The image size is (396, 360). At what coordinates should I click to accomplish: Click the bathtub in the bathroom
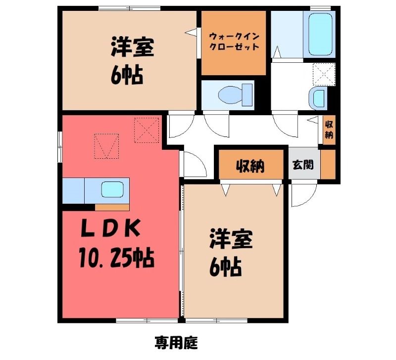click(320, 34)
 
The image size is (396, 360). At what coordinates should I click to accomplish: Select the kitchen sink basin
click(112, 189)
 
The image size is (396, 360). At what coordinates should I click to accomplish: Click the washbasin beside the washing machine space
click(318, 98)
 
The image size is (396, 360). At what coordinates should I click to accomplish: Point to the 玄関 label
click(303, 165)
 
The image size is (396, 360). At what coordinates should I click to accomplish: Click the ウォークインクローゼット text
click(234, 42)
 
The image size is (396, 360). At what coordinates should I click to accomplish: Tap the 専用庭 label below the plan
click(176, 343)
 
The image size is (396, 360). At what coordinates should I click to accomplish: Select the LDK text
click(110, 228)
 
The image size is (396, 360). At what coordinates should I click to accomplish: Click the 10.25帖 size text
click(116, 258)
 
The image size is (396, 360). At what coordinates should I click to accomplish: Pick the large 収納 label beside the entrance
click(250, 166)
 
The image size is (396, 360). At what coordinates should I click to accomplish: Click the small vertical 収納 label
click(329, 130)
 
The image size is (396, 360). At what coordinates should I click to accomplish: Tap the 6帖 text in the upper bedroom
click(127, 76)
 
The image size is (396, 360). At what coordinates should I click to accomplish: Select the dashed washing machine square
click(324, 74)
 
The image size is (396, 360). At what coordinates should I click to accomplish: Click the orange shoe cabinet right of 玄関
click(328, 165)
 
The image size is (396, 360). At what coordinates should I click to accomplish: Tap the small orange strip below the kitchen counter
click(112, 207)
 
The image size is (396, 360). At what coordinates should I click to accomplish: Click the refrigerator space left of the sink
click(73, 190)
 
